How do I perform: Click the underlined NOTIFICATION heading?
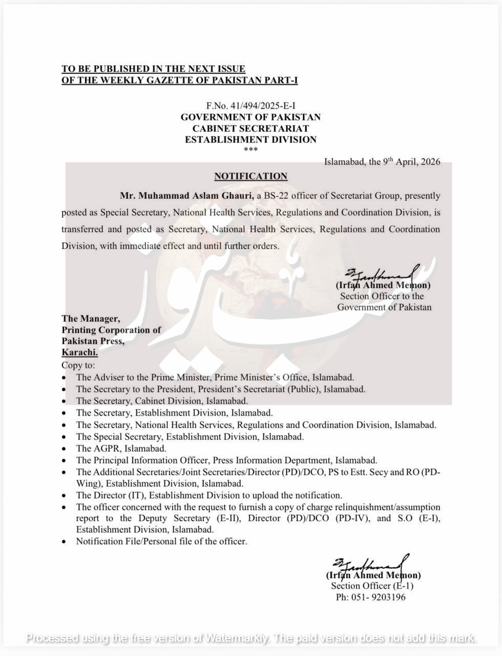(250, 176)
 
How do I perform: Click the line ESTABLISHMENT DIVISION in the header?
(250, 139)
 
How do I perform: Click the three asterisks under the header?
(250, 150)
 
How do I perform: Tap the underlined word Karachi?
(79, 352)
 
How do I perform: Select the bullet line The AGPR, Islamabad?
(121, 448)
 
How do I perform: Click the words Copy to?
(78, 365)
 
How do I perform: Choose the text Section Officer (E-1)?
(372, 586)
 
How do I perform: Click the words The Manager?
(91, 319)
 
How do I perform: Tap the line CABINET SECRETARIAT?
(250, 128)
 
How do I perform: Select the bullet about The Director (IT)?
(209, 496)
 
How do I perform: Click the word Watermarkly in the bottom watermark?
(237, 638)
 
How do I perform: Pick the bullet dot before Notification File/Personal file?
(64, 542)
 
